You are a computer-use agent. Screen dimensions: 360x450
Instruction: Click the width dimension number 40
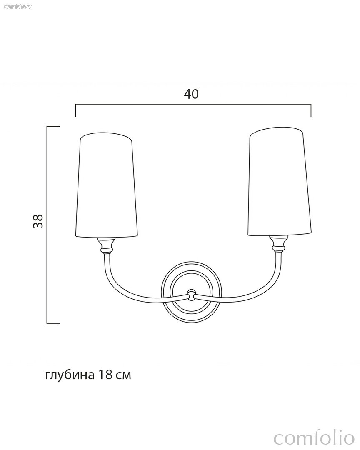(191, 94)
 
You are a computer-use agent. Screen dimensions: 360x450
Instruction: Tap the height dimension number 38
(38, 221)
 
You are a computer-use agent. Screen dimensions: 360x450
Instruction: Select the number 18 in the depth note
(105, 375)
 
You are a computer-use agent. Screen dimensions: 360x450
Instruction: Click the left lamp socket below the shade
(106, 246)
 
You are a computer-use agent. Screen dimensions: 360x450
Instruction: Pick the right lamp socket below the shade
(279, 243)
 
